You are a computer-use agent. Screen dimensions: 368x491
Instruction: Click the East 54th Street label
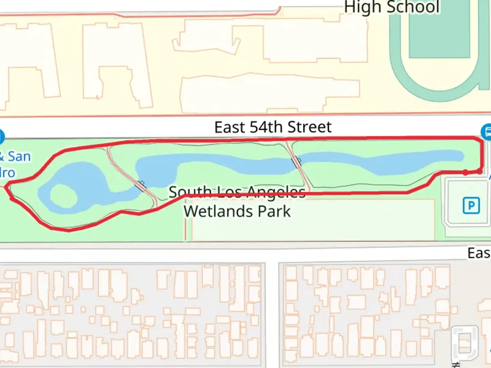[x=273, y=127]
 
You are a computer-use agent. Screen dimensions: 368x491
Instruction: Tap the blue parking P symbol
[x=471, y=205]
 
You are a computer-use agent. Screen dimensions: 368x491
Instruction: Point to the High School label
[x=391, y=7]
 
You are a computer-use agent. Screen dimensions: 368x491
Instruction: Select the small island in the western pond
[x=63, y=196]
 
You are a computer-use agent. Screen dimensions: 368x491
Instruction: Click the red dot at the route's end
[x=466, y=172]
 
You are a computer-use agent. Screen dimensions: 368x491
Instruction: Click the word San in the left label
[x=19, y=156]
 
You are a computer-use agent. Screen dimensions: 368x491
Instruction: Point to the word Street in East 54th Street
[x=309, y=127]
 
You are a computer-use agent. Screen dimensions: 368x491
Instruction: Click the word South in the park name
[x=189, y=193]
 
